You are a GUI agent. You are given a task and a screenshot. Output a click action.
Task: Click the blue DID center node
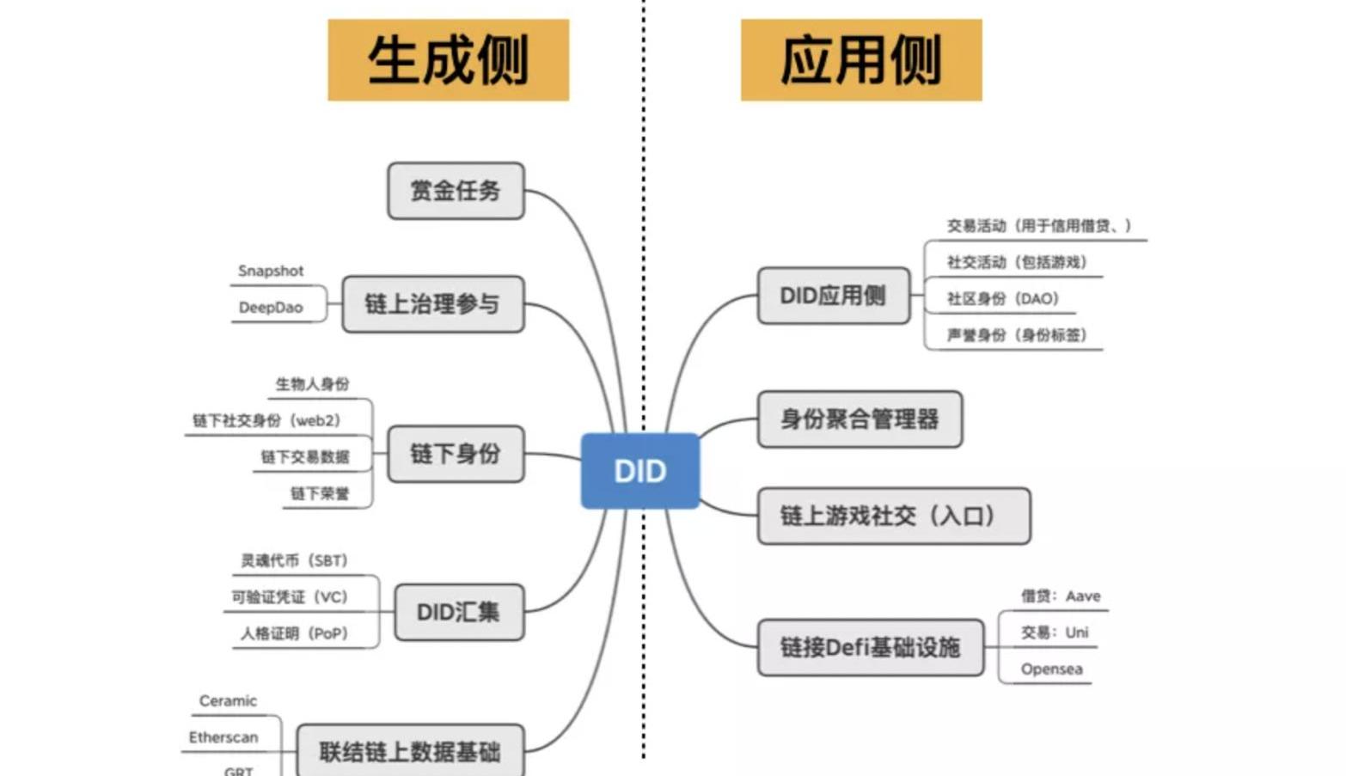(x=640, y=471)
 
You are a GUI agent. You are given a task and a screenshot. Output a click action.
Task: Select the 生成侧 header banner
(x=449, y=60)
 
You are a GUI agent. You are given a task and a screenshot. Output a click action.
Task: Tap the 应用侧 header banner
(x=861, y=60)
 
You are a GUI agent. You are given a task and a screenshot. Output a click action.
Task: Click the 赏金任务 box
(x=456, y=191)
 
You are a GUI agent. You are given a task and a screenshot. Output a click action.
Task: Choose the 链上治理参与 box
(x=432, y=304)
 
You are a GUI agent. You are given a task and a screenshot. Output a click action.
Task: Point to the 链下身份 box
(x=456, y=454)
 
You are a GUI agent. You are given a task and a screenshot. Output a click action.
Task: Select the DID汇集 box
(x=459, y=612)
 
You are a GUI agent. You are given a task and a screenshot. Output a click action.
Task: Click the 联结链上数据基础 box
(x=410, y=751)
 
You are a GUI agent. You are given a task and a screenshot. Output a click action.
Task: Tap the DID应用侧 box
(x=834, y=296)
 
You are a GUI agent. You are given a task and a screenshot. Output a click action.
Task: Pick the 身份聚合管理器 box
(x=860, y=419)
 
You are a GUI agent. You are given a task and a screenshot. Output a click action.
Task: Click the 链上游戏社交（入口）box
(x=894, y=516)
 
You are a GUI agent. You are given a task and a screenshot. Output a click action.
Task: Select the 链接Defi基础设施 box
(x=871, y=647)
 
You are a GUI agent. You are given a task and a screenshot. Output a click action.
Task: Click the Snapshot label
(x=271, y=271)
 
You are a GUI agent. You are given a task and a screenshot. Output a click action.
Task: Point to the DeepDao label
(x=271, y=308)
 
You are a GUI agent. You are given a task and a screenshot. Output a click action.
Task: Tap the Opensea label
(x=1051, y=669)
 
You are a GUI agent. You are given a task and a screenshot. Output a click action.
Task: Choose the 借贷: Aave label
(x=1061, y=596)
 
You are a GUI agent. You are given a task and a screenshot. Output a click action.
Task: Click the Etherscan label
(x=223, y=737)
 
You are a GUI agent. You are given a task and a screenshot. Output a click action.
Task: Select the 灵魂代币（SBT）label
(x=295, y=560)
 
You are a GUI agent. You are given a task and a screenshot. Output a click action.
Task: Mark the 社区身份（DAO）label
(x=1003, y=298)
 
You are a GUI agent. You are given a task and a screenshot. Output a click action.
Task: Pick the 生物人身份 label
(x=313, y=384)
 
